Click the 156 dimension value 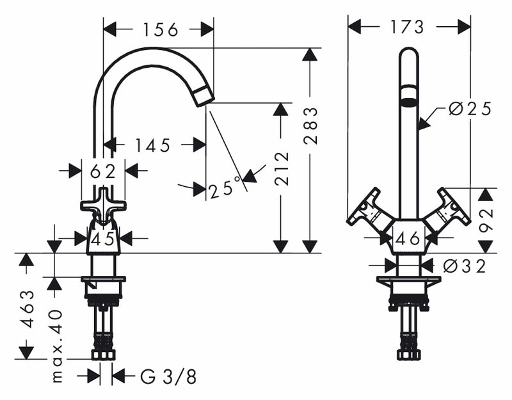click(x=161, y=29)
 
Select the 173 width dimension click(x=407, y=26)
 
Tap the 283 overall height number click(x=310, y=125)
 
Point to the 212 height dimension click(x=282, y=169)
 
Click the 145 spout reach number click(x=153, y=145)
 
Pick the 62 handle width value click(x=103, y=171)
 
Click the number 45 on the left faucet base click(x=103, y=239)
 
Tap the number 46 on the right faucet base click(x=408, y=238)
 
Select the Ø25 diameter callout click(x=470, y=109)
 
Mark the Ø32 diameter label click(x=465, y=266)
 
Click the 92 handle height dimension click(x=486, y=220)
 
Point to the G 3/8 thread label click(x=168, y=377)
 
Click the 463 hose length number click(x=28, y=308)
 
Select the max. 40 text click(x=57, y=346)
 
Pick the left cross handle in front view click(x=369, y=209)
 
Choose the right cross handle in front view click(x=447, y=209)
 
